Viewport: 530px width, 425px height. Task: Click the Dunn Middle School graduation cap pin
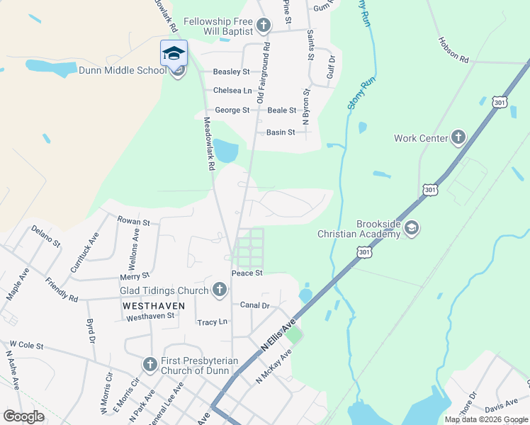tap(174, 53)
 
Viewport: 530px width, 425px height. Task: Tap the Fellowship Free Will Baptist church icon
tap(264, 27)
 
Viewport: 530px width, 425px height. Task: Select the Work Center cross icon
tap(458, 137)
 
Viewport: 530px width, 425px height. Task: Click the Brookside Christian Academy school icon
tap(412, 228)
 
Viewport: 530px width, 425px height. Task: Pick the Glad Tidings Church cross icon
tap(220, 289)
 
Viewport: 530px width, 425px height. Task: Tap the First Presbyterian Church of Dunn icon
tap(150, 364)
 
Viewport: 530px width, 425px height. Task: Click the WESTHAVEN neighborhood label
tap(154, 305)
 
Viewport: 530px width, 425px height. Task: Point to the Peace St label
tap(247, 273)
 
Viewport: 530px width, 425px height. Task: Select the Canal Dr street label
tap(255, 305)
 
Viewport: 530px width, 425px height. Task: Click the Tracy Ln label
tap(213, 322)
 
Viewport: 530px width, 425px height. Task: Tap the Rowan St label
tap(133, 222)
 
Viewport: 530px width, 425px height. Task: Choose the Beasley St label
tap(232, 72)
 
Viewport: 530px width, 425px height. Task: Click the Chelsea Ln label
tap(232, 91)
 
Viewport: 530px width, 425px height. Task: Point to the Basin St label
tap(280, 132)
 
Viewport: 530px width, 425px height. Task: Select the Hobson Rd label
tap(453, 50)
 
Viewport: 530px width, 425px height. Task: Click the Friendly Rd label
tap(62, 288)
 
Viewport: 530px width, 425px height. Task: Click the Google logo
tap(23, 416)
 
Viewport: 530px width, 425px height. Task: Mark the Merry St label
tap(135, 276)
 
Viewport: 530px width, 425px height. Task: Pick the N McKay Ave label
tap(274, 366)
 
